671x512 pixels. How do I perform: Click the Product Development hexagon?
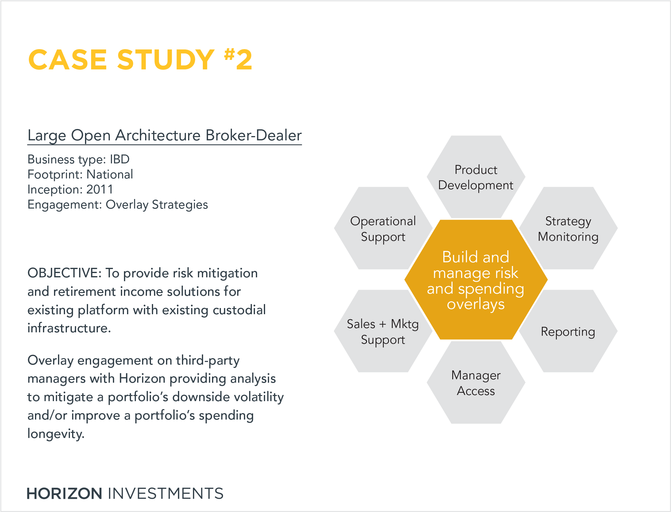476,177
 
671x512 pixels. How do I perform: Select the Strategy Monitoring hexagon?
568,228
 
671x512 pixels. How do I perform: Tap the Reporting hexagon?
568,331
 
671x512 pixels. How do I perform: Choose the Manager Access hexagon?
476,382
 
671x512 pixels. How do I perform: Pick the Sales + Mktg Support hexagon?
383,331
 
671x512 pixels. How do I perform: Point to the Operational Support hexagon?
383,228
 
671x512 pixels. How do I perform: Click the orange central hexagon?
476,279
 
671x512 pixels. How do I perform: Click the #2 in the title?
238,59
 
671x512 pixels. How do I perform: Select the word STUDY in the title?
166,60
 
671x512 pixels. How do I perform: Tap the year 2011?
100,190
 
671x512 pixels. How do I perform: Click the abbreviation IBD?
120,159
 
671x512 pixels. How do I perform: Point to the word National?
110,174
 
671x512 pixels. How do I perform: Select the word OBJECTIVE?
63,273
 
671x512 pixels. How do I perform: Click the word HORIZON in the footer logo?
64,494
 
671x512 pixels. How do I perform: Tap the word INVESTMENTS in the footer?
166,494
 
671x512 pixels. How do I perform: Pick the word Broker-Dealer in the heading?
254,135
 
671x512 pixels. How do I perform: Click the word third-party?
208,361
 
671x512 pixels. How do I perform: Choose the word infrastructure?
69,328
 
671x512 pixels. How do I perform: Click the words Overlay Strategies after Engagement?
157,205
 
